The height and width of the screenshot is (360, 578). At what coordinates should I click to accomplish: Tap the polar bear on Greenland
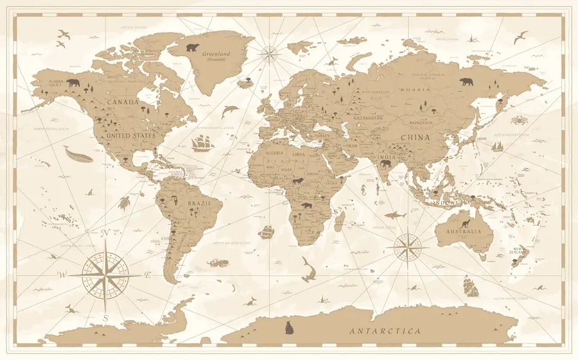(193, 47)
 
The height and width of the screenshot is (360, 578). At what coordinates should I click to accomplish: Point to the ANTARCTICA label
(385, 332)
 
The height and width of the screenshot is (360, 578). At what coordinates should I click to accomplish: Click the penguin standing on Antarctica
(289, 328)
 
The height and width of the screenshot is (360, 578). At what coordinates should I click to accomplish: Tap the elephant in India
(386, 164)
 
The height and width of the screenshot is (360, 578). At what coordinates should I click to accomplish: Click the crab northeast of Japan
(518, 119)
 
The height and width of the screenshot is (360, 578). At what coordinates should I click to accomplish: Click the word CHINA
(416, 137)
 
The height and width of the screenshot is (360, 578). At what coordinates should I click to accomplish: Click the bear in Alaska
(73, 83)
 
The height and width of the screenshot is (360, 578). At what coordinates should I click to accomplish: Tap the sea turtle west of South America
(124, 203)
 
